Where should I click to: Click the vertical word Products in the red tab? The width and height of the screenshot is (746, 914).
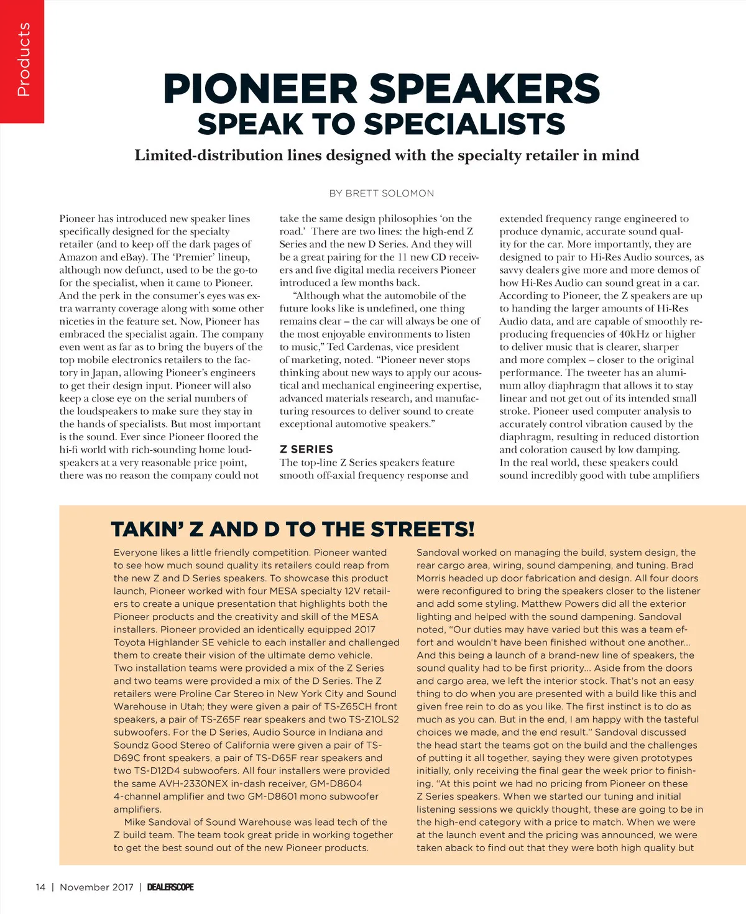pos(24,60)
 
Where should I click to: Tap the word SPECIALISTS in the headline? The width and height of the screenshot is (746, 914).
pos(465,124)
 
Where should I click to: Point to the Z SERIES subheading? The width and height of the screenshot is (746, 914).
pos(306,449)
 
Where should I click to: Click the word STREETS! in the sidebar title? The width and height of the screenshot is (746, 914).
pos(423,530)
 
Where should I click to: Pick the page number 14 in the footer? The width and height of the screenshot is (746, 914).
pos(40,887)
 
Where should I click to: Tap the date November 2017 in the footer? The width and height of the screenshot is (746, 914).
pos(96,887)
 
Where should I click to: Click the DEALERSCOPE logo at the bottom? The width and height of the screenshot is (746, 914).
pos(170,887)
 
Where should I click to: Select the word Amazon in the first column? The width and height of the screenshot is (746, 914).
pos(78,257)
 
